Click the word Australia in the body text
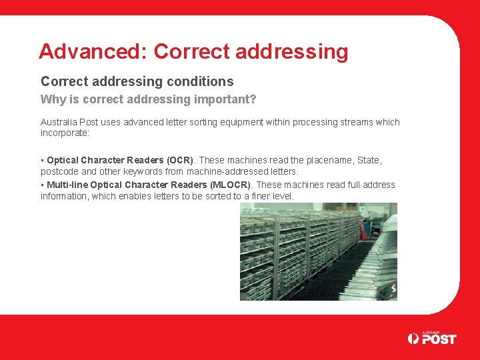(59, 122)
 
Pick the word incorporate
(64, 133)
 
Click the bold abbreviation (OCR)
(180, 160)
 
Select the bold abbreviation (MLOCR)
(231, 185)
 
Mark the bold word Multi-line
(67, 185)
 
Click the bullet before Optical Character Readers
(43, 160)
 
